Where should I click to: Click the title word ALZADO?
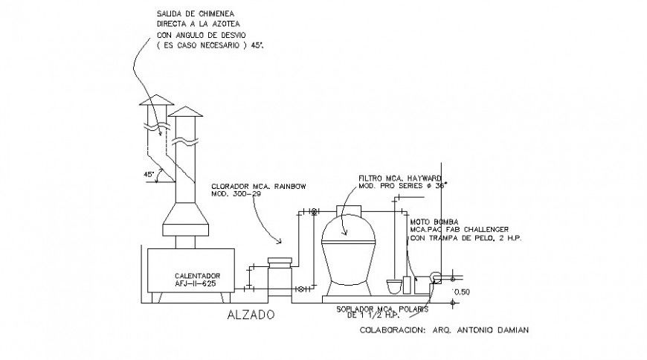click(x=250, y=315)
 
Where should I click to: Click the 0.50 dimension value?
click(x=463, y=292)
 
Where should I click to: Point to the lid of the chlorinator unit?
click(x=280, y=260)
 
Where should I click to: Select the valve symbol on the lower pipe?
click(x=300, y=288)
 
